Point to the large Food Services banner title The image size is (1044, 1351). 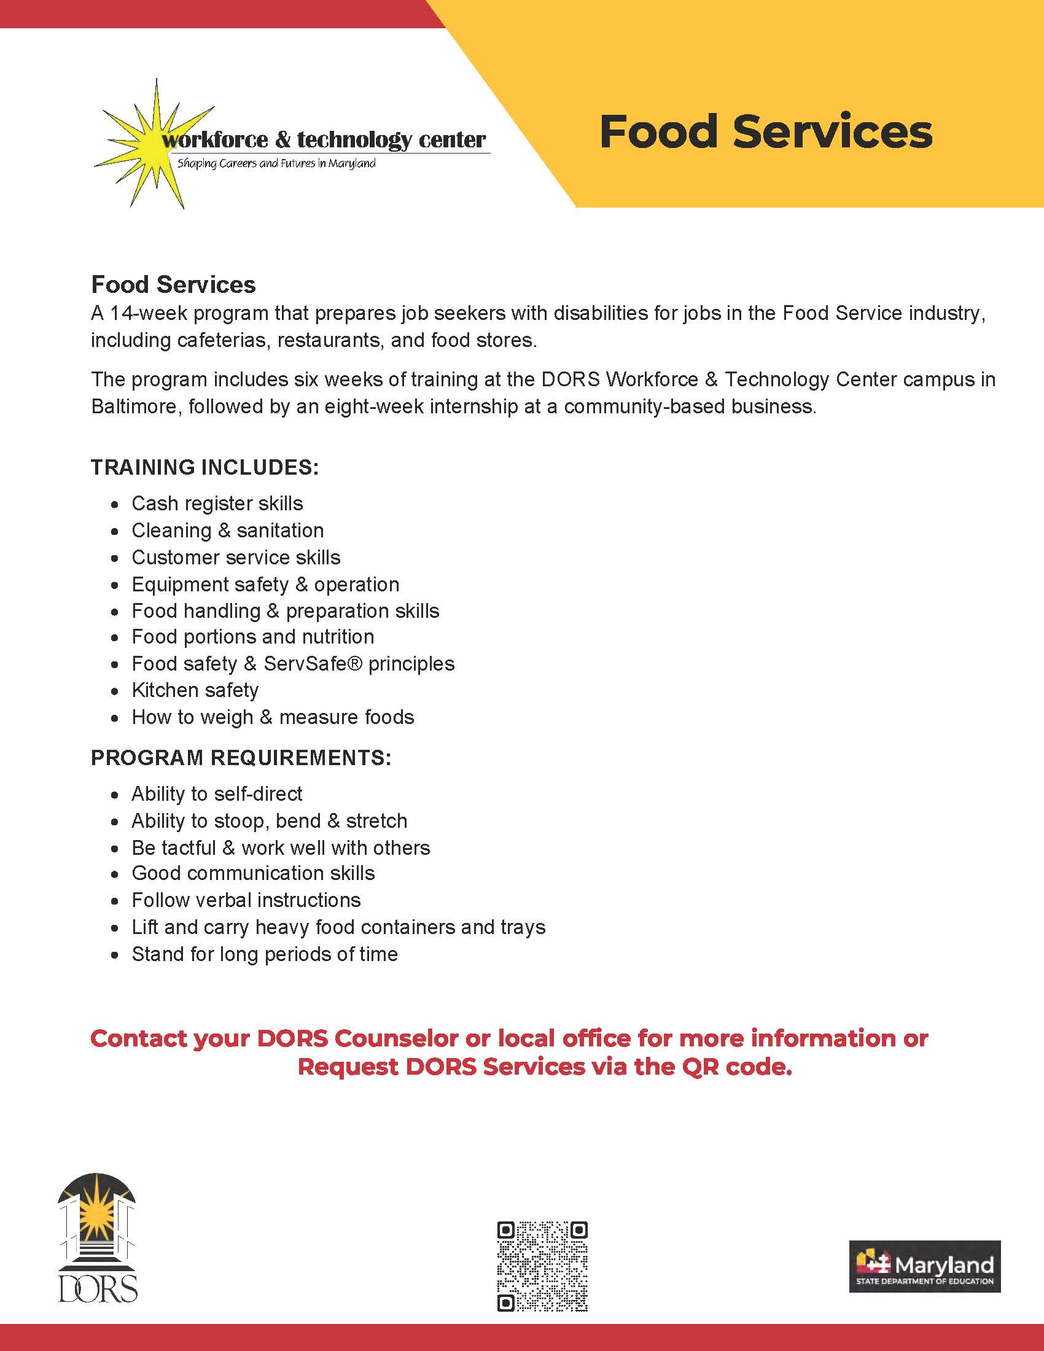pos(766,132)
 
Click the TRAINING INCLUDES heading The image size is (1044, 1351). pos(205,467)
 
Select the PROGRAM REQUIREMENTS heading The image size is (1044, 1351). pos(241,758)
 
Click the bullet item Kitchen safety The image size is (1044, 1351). pos(195,690)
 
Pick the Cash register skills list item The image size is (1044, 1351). pos(217,504)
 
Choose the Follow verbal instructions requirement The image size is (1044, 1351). pos(246,900)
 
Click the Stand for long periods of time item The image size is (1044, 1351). pos(265,954)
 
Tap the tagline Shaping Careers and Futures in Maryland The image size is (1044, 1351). pos(276,164)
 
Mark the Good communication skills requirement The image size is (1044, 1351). pos(253,873)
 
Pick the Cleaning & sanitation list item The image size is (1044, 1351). pos(228,531)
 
